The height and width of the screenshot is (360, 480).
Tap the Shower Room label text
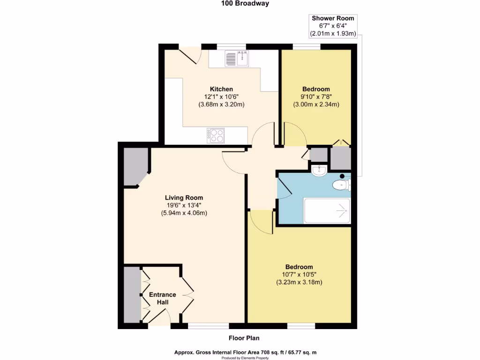(333, 18)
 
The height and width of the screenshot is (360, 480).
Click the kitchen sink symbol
(237, 59)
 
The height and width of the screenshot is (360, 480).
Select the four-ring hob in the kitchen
(216, 135)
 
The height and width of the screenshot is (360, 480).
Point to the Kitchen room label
(221, 89)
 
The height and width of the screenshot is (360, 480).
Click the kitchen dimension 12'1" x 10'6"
(221, 97)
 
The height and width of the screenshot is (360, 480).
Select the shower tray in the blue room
(327, 211)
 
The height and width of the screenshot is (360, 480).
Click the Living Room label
(184, 197)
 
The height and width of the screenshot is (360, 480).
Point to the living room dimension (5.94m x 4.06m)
(184, 213)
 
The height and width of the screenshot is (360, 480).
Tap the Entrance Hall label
(162, 299)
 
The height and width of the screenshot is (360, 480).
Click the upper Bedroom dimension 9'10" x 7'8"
(315, 97)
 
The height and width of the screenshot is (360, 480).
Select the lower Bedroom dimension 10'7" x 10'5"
(299, 274)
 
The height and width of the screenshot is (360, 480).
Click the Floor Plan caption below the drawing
(244, 338)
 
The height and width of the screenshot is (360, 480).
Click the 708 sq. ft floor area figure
(255, 352)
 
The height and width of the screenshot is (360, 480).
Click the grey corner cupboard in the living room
(134, 166)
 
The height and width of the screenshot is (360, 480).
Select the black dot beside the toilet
(342, 176)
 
